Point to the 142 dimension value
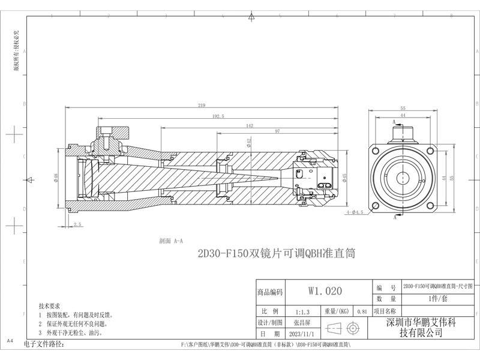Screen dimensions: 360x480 point(248,126)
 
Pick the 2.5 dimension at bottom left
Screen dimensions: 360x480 point(77,224)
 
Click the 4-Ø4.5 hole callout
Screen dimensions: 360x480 point(355,212)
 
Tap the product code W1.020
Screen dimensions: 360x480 point(325,292)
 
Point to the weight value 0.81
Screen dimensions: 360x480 point(362,312)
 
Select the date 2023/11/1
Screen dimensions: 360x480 point(301,333)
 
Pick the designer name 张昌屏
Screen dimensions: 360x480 point(301,322)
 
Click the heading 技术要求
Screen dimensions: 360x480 point(50,305)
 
